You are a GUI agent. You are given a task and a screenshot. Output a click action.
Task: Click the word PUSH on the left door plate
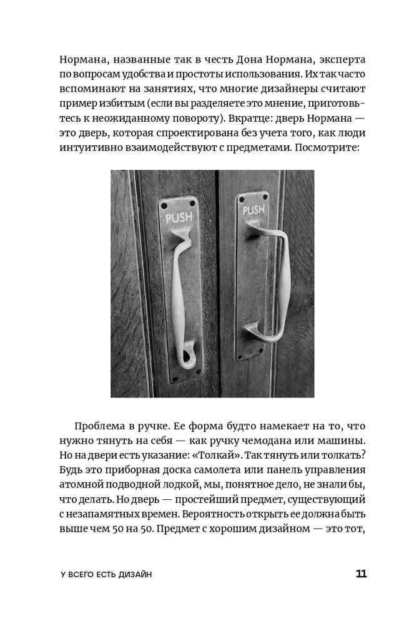coord(178,218)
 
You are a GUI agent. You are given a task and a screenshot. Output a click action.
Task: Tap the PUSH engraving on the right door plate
coord(254,210)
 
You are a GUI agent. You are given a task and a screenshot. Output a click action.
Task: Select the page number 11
coord(361,574)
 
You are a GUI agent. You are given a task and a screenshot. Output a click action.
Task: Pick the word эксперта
coord(337,61)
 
